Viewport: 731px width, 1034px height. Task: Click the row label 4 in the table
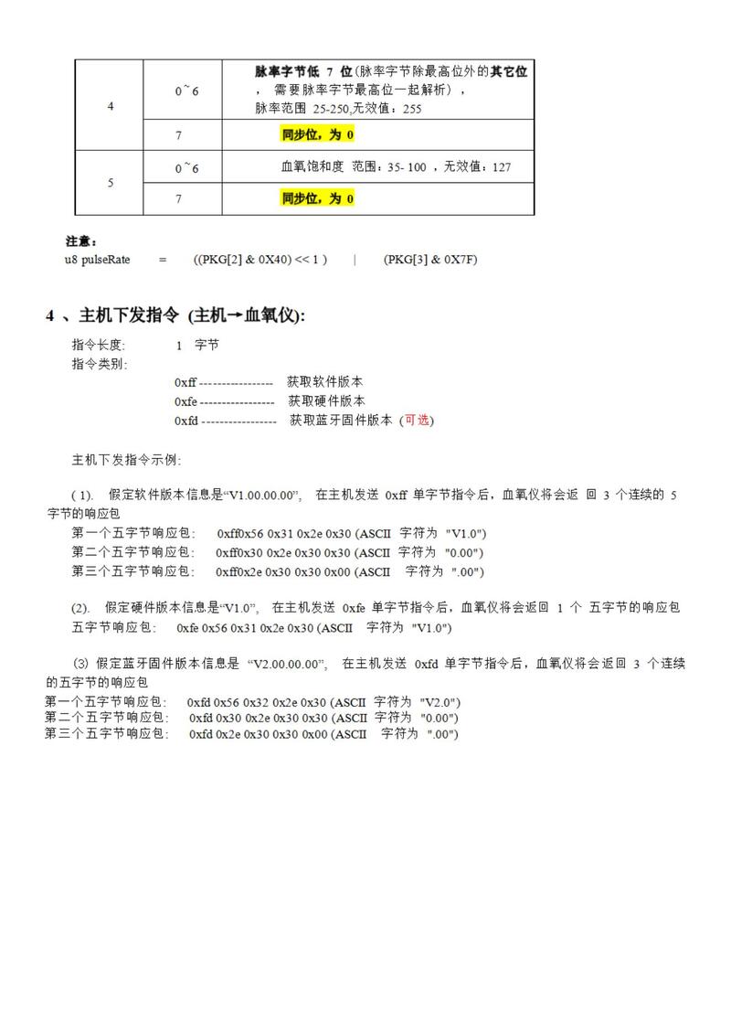click(111, 106)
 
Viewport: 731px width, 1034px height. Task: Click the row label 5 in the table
click(111, 183)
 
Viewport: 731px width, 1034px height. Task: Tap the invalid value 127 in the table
click(501, 167)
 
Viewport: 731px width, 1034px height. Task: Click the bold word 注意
click(81, 241)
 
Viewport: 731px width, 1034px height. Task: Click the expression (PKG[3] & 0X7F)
click(430, 260)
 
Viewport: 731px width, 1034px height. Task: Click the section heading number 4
click(51, 315)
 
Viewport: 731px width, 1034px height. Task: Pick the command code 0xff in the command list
click(185, 381)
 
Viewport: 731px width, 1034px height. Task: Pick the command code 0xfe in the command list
click(185, 400)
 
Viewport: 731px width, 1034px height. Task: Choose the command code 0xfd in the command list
click(186, 421)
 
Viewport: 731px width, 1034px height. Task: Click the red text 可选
click(417, 421)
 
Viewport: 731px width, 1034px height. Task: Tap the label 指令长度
click(100, 346)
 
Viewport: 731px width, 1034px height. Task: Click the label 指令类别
click(100, 364)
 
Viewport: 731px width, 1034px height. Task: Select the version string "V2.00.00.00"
click(287, 665)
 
